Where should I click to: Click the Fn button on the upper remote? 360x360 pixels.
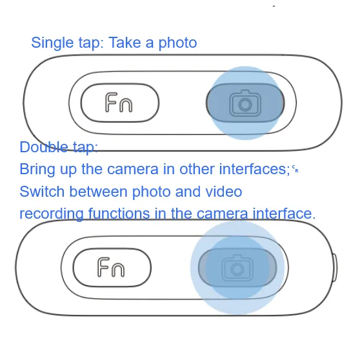click(120, 103)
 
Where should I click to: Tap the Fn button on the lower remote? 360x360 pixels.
click(112, 268)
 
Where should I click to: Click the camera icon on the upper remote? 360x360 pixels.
click(245, 103)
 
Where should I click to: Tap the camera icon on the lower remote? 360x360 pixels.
click(237, 268)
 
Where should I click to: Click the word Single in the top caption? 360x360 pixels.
click(52, 43)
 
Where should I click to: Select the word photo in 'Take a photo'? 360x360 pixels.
click(177, 43)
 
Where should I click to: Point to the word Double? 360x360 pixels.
click(44, 147)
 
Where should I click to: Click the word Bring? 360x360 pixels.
click(37, 170)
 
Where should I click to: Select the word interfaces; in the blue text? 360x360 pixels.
click(255, 169)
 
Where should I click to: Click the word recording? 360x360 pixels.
click(52, 214)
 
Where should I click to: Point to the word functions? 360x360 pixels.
click(119, 214)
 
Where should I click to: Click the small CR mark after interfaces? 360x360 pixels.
click(295, 169)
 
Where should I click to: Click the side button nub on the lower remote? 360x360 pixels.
click(335, 268)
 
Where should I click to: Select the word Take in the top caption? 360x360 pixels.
click(125, 43)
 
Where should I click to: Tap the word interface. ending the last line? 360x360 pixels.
click(284, 214)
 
